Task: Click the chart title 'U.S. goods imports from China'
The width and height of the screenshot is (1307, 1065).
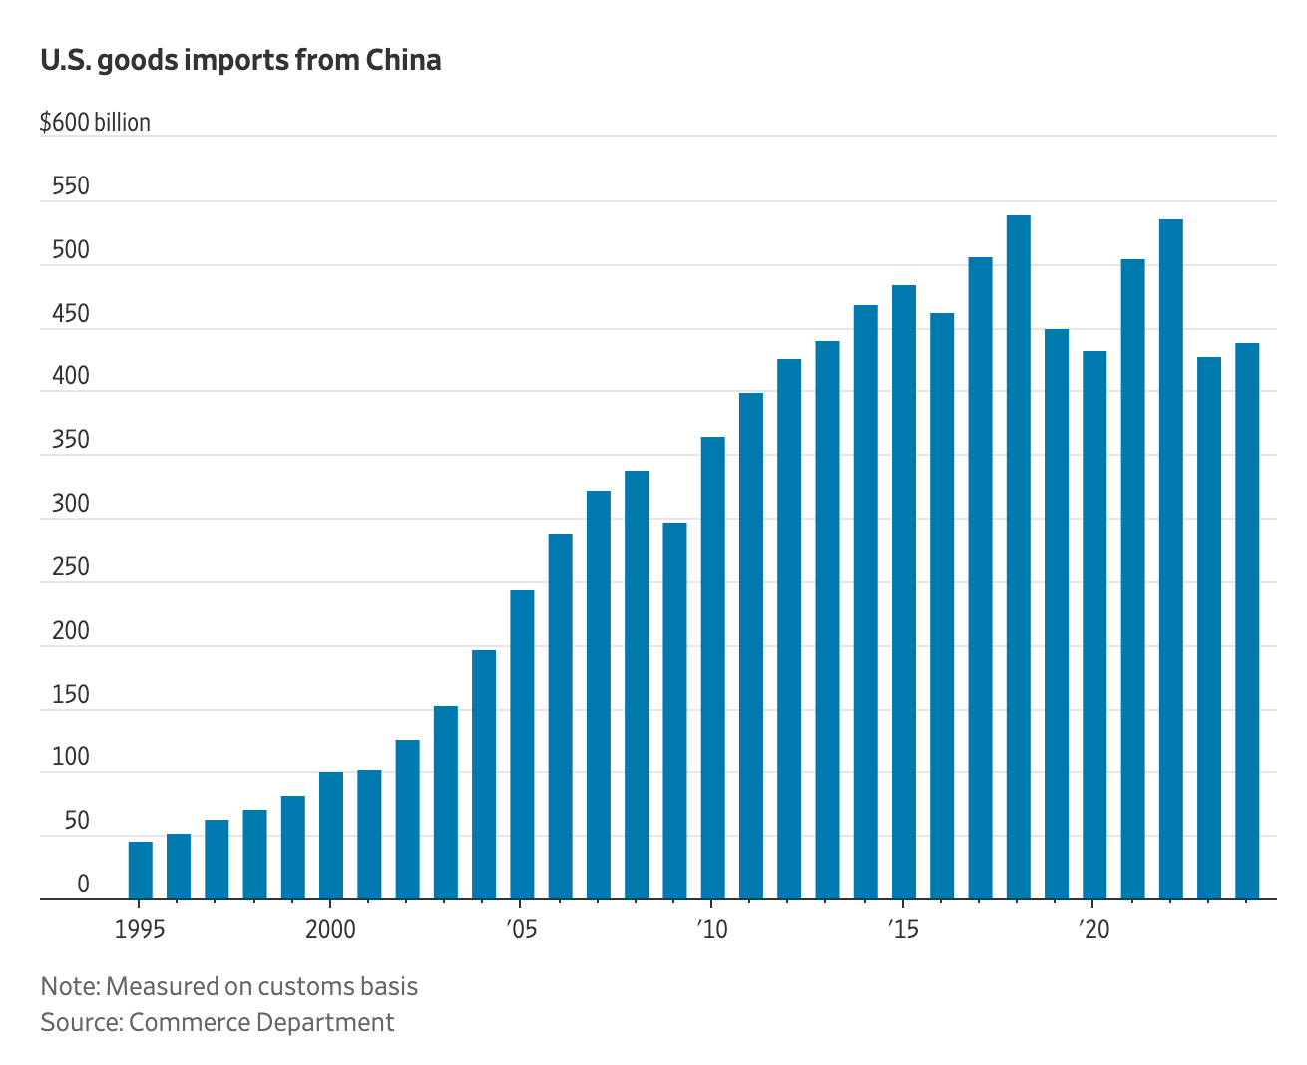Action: click(x=240, y=60)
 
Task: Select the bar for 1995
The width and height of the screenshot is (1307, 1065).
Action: click(x=141, y=870)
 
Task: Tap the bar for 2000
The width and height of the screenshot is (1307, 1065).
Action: click(x=331, y=836)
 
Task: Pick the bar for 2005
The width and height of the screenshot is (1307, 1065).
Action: click(x=522, y=744)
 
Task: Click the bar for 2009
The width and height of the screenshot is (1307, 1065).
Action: click(x=674, y=710)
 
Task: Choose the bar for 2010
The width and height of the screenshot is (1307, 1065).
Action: click(x=712, y=667)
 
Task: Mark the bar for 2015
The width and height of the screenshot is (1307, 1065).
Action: click(x=904, y=591)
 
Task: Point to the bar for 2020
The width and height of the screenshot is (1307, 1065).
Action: click(x=1094, y=624)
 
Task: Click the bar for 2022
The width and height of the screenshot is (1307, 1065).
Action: click(x=1170, y=558)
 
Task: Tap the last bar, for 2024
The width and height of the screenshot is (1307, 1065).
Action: click(x=1247, y=620)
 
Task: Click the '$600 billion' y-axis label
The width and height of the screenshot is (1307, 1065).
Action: click(x=95, y=123)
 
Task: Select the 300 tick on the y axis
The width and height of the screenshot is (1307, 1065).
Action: click(x=70, y=504)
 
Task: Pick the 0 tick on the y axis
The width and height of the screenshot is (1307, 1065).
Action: click(x=83, y=885)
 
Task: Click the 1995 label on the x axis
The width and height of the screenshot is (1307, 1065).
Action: click(x=140, y=930)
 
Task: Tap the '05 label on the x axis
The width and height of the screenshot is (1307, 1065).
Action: click(x=521, y=930)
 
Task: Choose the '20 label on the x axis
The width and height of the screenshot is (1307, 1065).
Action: click(x=1093, y=930)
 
